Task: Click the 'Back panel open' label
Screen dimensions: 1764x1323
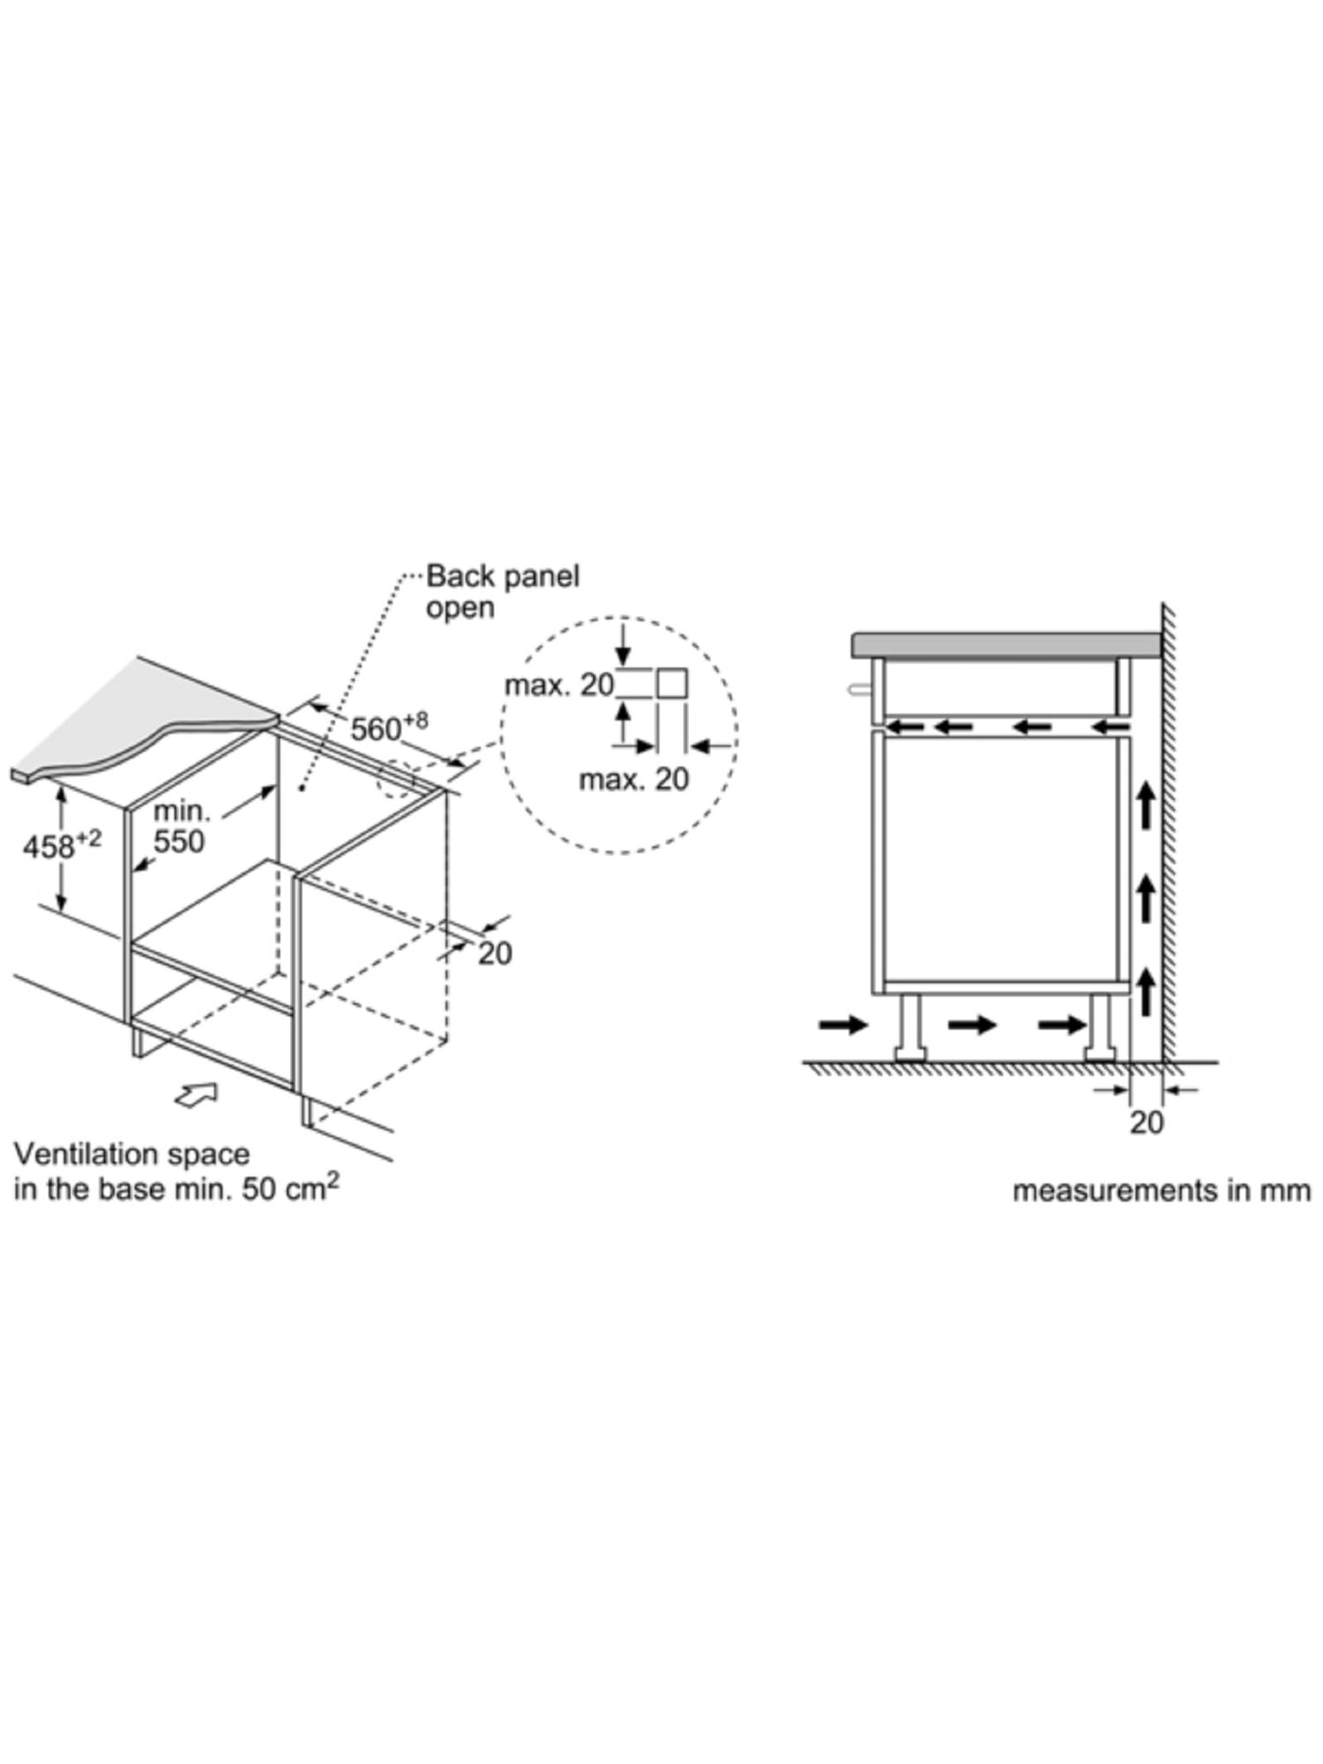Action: [503, 592]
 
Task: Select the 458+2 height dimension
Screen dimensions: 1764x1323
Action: [61, 845]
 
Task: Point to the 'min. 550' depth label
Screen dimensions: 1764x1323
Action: [179, 826]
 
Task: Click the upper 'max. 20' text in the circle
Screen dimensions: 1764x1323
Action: [559, 685]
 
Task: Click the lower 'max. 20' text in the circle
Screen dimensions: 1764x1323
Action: [633, 779]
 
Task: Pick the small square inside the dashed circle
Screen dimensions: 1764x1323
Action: [672, 684]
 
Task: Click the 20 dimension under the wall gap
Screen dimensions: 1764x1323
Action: [1147, 1123]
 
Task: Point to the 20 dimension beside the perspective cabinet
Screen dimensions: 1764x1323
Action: [495, 953]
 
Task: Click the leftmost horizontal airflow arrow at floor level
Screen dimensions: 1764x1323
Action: [843, 1024]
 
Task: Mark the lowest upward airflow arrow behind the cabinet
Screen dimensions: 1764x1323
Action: [1146, 990]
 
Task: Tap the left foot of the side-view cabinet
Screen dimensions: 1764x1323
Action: [908, 1028]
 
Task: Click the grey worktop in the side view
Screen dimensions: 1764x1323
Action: [1005, 644]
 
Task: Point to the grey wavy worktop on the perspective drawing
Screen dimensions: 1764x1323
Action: [132, 723]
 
